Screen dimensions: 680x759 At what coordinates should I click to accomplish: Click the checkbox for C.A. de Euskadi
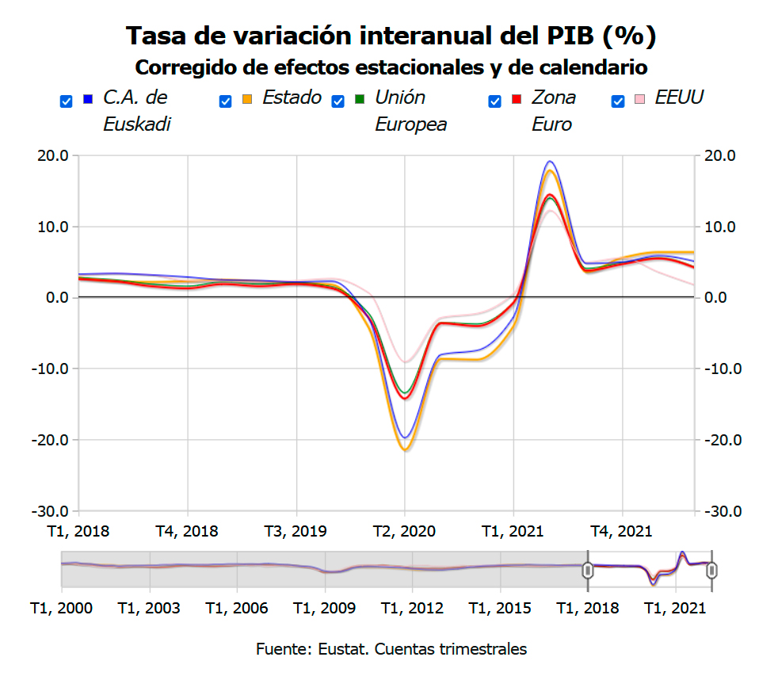tap(67, 101)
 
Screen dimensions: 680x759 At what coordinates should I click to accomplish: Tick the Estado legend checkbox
tap(226, 101)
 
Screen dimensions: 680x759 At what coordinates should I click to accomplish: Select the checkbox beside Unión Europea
tap(338, 101)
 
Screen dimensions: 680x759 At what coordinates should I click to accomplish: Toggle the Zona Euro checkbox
tap(495, 101)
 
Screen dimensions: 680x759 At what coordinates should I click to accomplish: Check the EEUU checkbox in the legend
tap(619, 101)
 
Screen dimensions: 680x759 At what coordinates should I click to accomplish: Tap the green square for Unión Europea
tap(360, 99)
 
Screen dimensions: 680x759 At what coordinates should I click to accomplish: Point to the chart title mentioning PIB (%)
tap(391, 36)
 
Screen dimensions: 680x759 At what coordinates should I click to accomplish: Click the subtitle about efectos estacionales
tap(391, 67)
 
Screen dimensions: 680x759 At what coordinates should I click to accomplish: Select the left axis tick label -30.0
tap(52, 511)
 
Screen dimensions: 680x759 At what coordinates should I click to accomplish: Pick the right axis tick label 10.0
tap(722, 227)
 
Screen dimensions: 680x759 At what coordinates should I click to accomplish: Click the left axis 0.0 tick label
tap(57, 298)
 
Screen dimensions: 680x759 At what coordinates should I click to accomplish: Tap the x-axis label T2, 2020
tap(405, 531)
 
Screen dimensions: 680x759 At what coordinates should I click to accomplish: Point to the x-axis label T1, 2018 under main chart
tap(79, 531)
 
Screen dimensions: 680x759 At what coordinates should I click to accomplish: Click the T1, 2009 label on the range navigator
tap(324, 608)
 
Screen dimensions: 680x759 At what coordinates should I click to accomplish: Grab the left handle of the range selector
tap(588, 570)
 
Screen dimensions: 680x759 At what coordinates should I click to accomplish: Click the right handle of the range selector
tap(711, 570)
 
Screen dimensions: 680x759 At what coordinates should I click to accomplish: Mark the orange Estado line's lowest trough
tap(405, 450)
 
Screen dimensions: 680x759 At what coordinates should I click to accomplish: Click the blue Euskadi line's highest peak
tap(549, 162)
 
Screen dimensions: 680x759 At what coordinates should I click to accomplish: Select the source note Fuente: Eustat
tap(391, 649)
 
